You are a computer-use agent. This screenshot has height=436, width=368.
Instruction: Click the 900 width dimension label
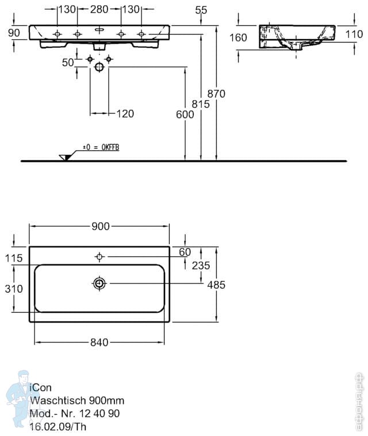point(100,226)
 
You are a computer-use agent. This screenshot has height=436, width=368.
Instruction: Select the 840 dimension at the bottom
point(99,343)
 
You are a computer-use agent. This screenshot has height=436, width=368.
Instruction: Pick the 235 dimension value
point(201,265)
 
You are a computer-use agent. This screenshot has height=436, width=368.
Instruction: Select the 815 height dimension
point(201,104)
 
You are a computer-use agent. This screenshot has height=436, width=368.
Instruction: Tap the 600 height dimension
point(185,115)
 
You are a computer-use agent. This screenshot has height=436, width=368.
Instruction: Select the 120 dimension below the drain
point(125,113)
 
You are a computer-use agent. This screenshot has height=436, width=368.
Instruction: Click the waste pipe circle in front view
point(99,67)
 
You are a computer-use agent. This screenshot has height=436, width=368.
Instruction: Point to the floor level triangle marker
point(64,157)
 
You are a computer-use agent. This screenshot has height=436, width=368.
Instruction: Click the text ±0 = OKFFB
point(101,147)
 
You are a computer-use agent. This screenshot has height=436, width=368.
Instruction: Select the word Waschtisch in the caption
point(53,400)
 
